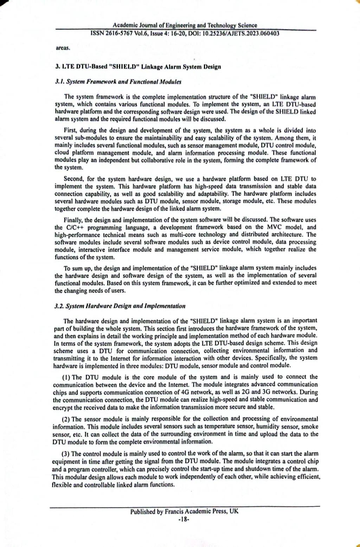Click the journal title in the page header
tap(185, 25)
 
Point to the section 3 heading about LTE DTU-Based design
tap(138, 67)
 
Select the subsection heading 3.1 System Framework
tap(118, 82)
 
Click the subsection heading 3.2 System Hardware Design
tap(120, 306)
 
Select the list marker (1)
tap(66, 377)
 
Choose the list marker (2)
tap(66, 419)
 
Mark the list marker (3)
tap(66, 453)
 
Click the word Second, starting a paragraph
tap(73, 179)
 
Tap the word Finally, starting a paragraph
tap(73, 220)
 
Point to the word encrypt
tap(63, 407)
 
